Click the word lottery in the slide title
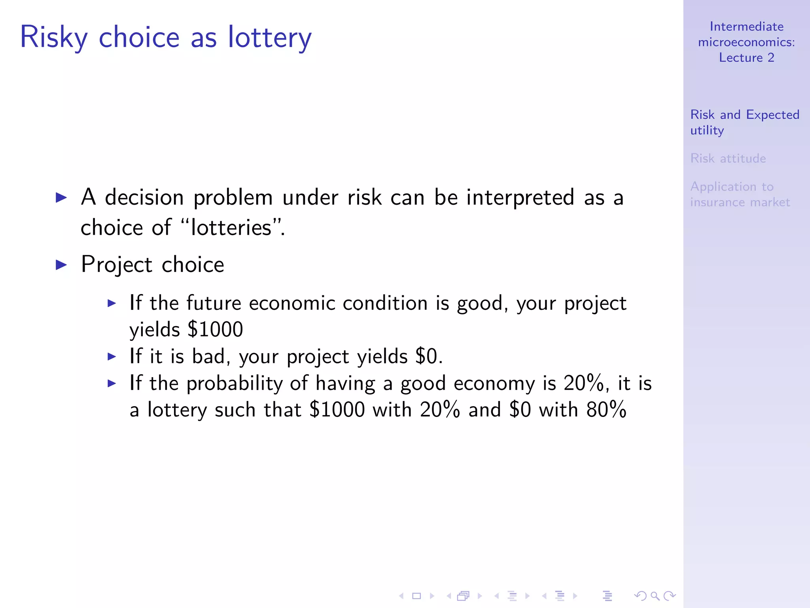[x=270, y=37]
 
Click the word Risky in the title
[x=53, y=37]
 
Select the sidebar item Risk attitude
[x=728, y=158]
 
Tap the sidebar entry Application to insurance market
[x=740, y=194]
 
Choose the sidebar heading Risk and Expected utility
[x=744, y=122]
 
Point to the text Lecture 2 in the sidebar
[x=746, y=57]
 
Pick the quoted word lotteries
[x=231, y=228]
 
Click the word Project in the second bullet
[x=117, y=264]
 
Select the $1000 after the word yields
[x=216, y=329]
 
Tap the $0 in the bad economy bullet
[x=426, y=356]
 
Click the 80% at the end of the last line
[x=606, y=409]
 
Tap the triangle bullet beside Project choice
[x=62, y=264]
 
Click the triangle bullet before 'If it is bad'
[x=112, y=356]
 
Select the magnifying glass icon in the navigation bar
[x=655, y=596]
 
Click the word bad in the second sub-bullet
[x=208, y=356]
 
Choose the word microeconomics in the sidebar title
[x=746, y=42]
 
